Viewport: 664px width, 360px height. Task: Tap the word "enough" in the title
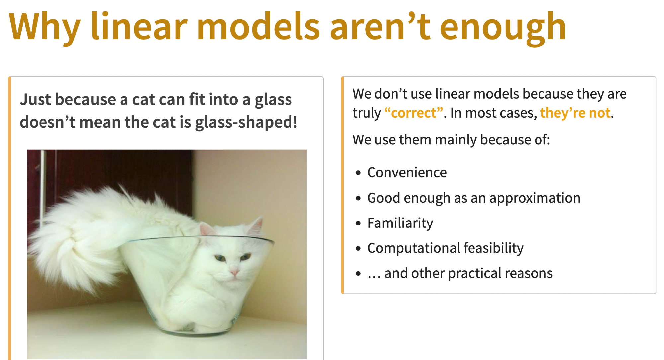coord(503,28)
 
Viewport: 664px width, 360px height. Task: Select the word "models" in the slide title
coord(258,26)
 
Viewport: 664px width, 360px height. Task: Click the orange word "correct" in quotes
coord(414,113)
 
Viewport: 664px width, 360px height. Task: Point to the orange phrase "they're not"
coord(575,113)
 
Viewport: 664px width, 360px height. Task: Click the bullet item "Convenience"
coord(407,172)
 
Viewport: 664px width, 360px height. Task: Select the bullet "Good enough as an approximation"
coord(474,198)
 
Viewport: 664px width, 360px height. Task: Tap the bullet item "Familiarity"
coord(400,223)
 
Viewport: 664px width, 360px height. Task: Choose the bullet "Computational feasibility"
coord(445,248)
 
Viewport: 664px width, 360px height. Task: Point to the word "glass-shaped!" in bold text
coord(246,123)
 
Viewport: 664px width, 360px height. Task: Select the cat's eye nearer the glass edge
coord(245,256)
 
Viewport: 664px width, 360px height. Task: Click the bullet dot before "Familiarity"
coord(358,224)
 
